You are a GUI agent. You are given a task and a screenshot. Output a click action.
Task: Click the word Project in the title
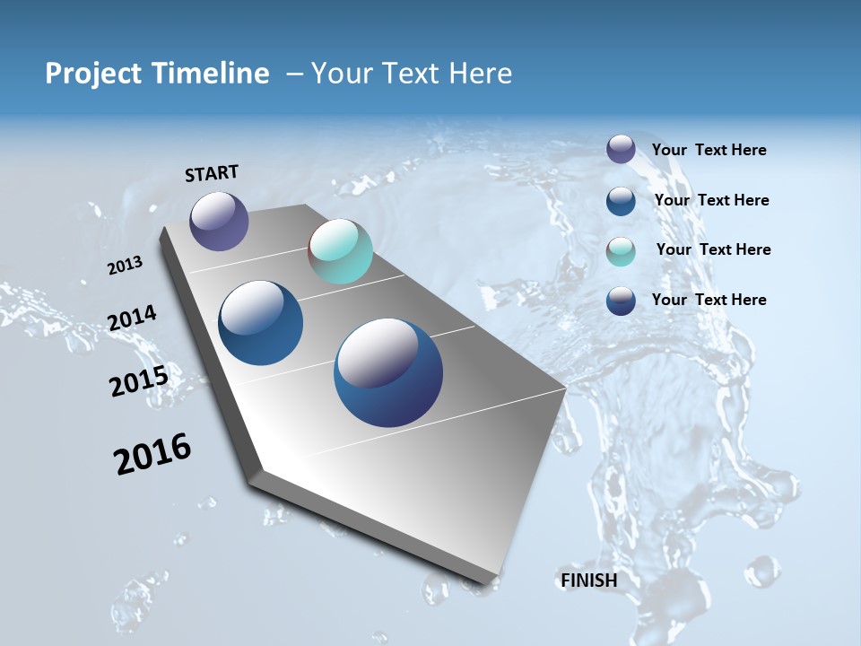[x=92, y=74]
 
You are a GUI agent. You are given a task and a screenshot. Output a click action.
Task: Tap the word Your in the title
[x=342, y=74]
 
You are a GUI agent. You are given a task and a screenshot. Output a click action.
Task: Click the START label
[x=212, y=173]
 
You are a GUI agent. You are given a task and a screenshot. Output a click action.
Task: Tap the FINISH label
[x=589, y=581]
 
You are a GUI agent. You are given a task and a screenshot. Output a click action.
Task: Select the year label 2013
[x=126, y=265]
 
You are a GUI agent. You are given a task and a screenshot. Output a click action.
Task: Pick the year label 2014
[x=133, y=318]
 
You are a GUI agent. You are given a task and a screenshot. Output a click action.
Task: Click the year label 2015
[x=139, y=381]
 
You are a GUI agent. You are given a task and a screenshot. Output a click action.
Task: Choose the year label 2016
[x=152, y=454]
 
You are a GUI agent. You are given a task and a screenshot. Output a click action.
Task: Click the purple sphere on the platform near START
[x=219, y=221]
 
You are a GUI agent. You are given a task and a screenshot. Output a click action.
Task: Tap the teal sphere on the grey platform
[x=340, y=251]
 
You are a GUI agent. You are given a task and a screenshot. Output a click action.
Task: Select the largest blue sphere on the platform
[x=388, y=372]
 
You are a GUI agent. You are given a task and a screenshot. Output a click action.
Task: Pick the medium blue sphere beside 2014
[x=260, y=323]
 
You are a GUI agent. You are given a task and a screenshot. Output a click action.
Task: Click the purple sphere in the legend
[x=621, y=149]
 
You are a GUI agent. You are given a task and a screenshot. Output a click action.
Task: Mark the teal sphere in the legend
[x=621, y=251]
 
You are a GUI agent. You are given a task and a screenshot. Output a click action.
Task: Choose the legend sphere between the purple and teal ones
[x=621, y=201]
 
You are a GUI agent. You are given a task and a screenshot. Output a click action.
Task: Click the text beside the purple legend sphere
[x=709, y=150]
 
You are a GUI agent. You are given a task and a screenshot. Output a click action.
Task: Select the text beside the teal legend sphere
[x=713, y=249]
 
